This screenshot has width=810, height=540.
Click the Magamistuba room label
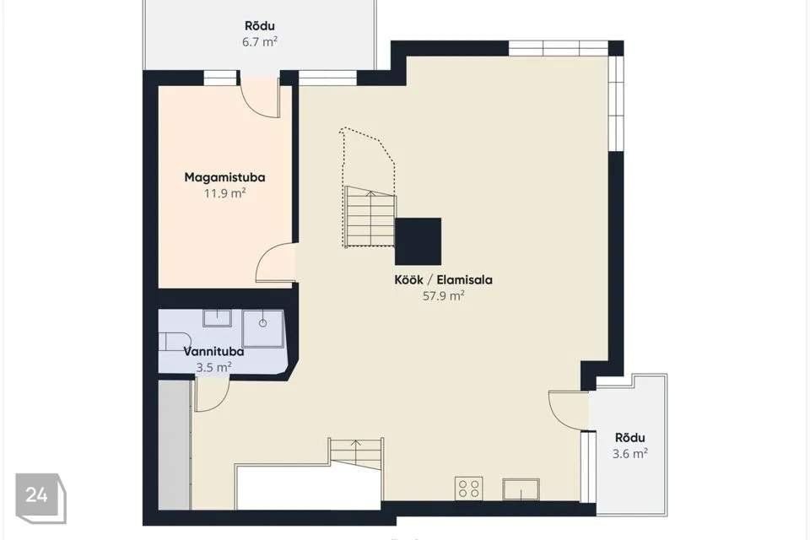point(224,177)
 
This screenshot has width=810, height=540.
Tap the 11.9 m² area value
point(224,194)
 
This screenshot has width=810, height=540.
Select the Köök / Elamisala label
point(443,280)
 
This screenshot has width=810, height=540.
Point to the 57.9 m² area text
point(443,296)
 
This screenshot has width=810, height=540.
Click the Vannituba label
point(213,352)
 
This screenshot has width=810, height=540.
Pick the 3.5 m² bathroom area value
point(213,368)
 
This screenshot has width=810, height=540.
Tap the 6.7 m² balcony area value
point(260,42)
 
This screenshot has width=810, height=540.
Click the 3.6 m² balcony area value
point(630,454)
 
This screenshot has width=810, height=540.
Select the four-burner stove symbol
point(468,489)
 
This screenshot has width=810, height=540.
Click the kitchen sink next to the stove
point(521,489)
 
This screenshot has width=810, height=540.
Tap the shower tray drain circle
point(263,323)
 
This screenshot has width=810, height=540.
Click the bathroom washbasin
point(217,318)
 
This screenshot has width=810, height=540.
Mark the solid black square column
point(418,241)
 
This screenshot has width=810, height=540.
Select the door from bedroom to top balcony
point(261,98)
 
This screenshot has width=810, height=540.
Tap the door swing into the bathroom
point(211,395)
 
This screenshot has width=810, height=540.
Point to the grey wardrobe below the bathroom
point(175,445)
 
